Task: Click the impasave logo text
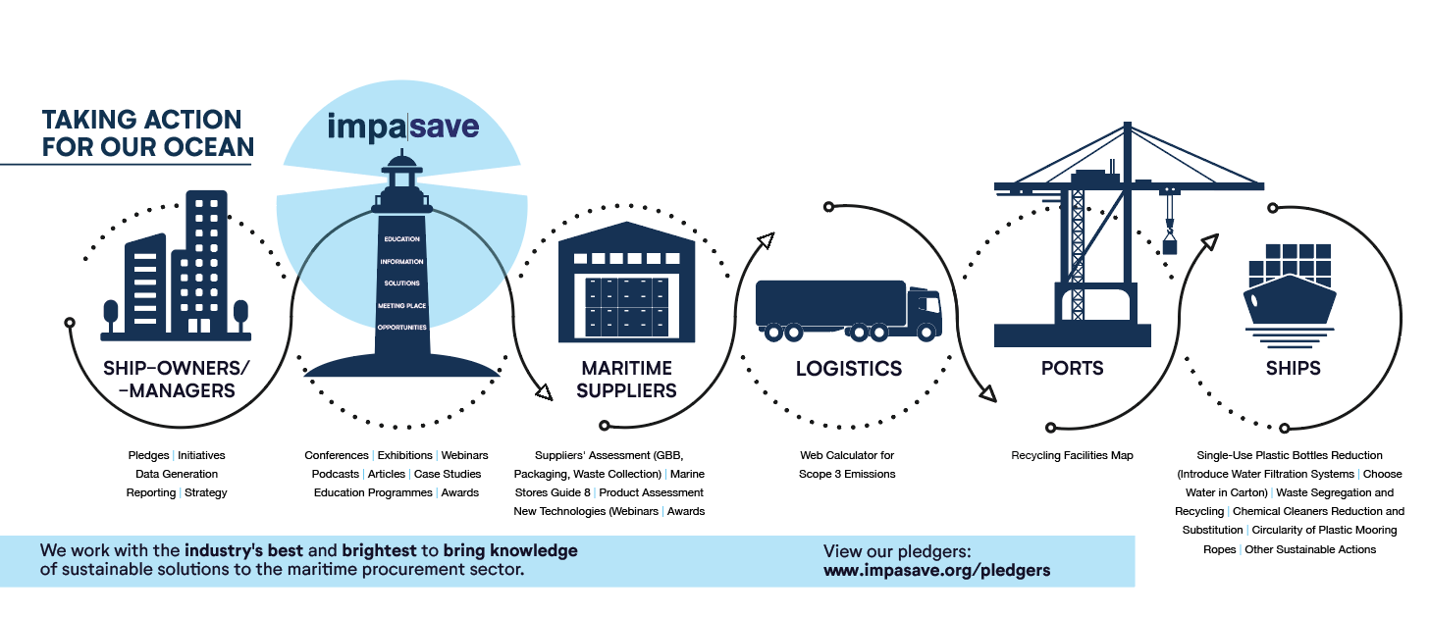tap(402, 128)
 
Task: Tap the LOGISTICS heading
tap(848, 369)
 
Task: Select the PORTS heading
tap(1072, 369)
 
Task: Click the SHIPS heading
tap(1293, 369)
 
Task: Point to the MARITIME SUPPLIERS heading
tap(626, 380)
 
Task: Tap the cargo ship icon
tap(1289, 294)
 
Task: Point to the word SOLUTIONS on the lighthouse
tap(402, 283)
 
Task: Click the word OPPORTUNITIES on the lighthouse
tap(402, 327)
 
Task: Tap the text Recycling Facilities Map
tap(1072, 455)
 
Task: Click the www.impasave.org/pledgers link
tap(936, 570)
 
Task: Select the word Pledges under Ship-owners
tap(149, 455)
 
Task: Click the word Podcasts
tap(336, 474)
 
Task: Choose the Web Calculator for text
tap(847, 455)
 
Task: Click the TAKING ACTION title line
tap(141, 121)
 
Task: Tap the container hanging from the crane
tap(1169, 246)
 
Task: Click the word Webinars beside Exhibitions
tap(464, 455)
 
